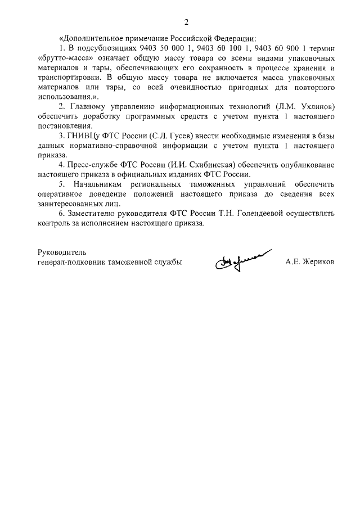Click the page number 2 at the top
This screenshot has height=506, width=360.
pos(186,22)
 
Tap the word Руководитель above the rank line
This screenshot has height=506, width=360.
pos(62,251)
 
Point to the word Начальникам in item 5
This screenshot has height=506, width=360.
pos(98,184)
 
